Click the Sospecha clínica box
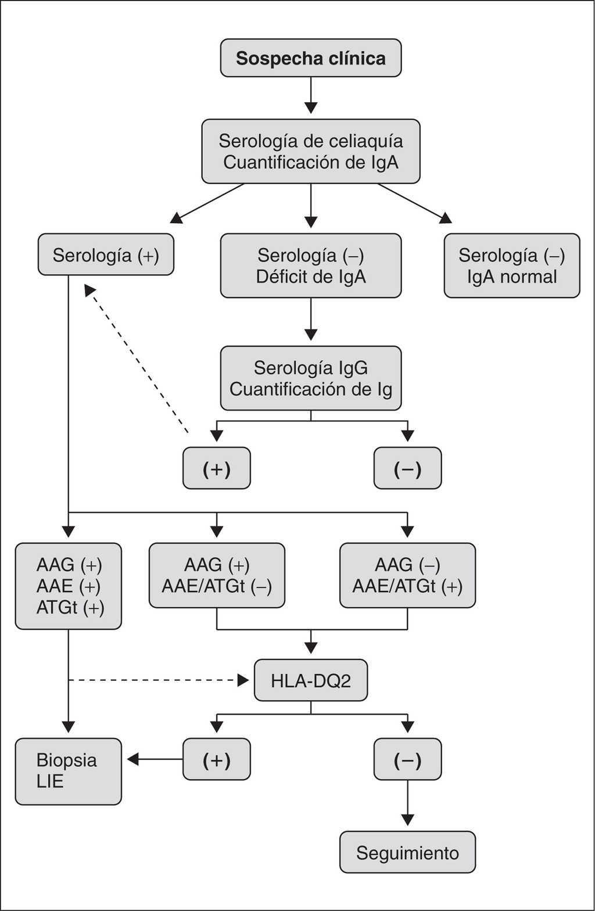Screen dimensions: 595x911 (x=311, y=58)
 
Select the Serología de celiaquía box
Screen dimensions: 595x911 (x=311, y=151)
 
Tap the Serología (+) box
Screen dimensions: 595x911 (x=106, y=254)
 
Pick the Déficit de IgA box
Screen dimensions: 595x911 (x=311, y=266)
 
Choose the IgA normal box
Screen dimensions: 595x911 (x=512, y=266)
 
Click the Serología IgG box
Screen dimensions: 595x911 (x=311, y=378)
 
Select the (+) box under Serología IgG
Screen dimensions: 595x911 (x=216, y=468)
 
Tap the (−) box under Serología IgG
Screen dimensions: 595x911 (x=407, y=468)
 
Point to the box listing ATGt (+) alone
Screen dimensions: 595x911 (x=69, y=586)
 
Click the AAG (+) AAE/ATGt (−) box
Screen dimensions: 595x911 (x=217, y=575)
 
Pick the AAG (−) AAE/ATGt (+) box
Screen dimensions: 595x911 (x=407, y=575)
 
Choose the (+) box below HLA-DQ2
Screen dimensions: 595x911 (x=216, y=759)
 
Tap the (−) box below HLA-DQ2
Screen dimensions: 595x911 (x=407, y=759)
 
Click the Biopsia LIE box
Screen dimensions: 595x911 (x=69, y=772)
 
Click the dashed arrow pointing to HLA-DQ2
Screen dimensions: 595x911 (x=159, y=680)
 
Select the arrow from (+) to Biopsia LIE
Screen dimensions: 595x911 (x=155, y=759)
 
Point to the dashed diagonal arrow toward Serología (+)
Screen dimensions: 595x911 (x=136, y=358)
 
